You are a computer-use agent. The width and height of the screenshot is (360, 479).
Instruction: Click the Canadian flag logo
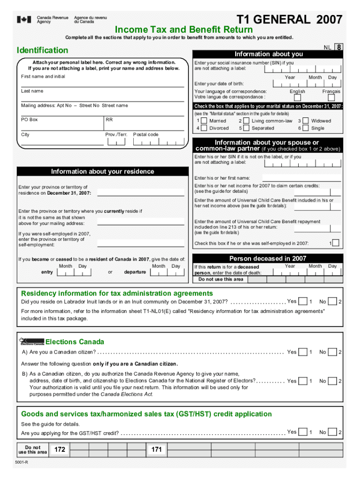coord(24,20)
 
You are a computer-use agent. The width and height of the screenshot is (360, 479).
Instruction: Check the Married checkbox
coord(204,121)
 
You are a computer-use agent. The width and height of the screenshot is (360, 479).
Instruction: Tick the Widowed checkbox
coord(305,121)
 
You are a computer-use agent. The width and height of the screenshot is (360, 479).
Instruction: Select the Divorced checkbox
coord(204,128)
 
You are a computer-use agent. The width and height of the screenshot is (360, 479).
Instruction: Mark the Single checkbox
coord(305,128)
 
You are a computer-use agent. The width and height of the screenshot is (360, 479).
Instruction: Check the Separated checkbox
coord(246,128)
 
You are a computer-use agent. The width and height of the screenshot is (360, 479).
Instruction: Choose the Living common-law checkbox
coord(246,121)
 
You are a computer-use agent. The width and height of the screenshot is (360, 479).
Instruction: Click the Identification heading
coord(42,50)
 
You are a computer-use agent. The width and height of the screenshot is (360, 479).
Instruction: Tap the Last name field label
coord(32,91)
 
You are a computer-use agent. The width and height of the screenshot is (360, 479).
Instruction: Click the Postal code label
coord(146,135)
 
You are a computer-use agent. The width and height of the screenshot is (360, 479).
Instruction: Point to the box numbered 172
coord(59,450)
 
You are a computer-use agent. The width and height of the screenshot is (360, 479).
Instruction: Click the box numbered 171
coord(157,450)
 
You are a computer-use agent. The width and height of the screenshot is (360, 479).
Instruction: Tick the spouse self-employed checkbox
coord(335,243)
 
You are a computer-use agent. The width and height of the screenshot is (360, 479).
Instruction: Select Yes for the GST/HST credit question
coord(303,432)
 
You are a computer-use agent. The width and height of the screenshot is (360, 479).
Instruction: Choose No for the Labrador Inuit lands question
coord(332,301)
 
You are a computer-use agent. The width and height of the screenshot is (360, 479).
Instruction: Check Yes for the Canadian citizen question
coord(303,352)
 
